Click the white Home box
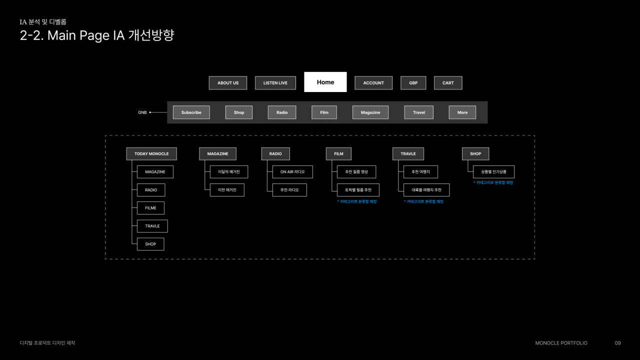click(325, 82)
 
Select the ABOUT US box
click(228, 83)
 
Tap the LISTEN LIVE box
click(275, 83)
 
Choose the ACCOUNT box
click(373, 83)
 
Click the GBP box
click(413, 83)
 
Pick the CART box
click(448, 83)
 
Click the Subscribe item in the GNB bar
click(191, 112)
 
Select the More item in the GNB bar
click(462, 112)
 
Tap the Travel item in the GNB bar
click(419, 112)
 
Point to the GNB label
click(142, 112)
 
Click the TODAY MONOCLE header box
click(151, 154)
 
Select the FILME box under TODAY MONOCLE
click(150, 208)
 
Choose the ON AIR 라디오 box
click(292, 172)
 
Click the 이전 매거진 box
click(227, 190)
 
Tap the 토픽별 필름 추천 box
click(358, 190)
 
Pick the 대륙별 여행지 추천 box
click(426, 190)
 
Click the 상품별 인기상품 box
click(493, 172)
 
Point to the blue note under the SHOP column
click(493, 183)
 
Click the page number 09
click(618, 343)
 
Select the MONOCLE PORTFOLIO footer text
click(561, 343)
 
